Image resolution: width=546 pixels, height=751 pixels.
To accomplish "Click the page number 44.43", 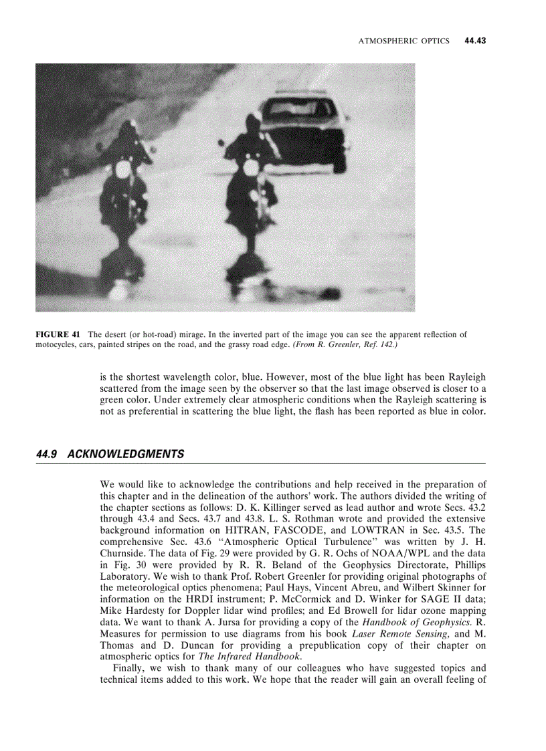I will pyautogui.click(x=474, y=41).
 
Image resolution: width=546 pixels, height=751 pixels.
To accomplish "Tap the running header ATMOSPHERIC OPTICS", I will pyautogui.click(x=403, y=41).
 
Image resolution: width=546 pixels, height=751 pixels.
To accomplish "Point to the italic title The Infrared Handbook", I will pyautogui.click(x=245, y=657).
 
